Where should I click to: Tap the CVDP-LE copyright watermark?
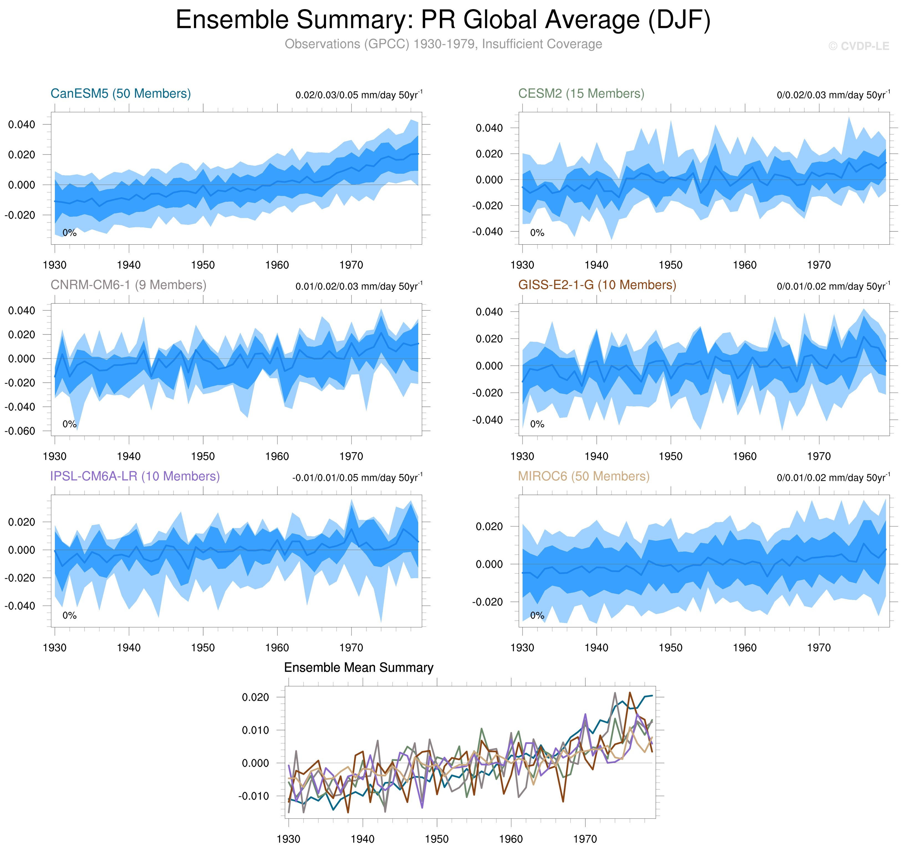tap(858, 46)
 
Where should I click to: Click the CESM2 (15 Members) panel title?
tap(581, 94)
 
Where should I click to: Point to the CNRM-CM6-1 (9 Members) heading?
tap(128, 285)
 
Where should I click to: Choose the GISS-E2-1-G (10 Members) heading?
tap(597, 285)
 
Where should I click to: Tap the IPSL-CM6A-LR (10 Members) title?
tap(135, 476)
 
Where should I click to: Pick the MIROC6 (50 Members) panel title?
tap(584, 476)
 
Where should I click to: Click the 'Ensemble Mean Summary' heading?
tap(358, 667)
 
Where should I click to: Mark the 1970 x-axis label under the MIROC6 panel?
tap(818, 648)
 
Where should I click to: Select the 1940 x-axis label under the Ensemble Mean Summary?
tap(363, 839)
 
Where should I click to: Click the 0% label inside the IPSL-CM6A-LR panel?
tap(70, 615)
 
